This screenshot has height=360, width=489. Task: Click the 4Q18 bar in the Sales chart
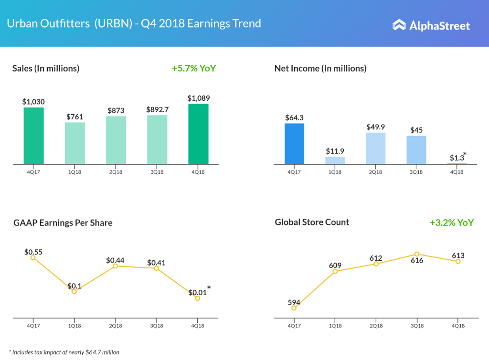click(x=198, y=134)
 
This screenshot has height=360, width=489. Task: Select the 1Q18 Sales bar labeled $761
click(x=75, y=143)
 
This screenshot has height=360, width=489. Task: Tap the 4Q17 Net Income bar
click(x=294, y=144)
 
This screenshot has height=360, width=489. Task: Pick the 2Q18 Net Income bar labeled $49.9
click(x=376, y=148)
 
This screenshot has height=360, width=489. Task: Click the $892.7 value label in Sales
click(x=157, y=109)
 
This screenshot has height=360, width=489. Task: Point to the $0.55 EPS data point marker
click(x=33, y=257)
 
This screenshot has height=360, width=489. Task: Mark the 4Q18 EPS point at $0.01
click(x=198, y=298)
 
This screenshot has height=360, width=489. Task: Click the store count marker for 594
click(x=294, y=308)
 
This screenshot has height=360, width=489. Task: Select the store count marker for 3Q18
click(x=417, y=254)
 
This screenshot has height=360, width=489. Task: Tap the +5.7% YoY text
click(x=194, y=68)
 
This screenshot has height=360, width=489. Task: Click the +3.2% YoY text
click(x=451, y=222)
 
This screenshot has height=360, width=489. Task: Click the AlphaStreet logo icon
click(x=399, y=25)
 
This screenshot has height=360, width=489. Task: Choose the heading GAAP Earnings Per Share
click(x=63, y=222)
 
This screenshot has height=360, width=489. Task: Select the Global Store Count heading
click(x=312, y=222)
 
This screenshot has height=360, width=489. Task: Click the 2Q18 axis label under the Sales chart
click(x=116, y=172)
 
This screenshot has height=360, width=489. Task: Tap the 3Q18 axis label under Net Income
click(x=417, y=172)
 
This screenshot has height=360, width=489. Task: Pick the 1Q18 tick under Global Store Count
click(x=335, y=326)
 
